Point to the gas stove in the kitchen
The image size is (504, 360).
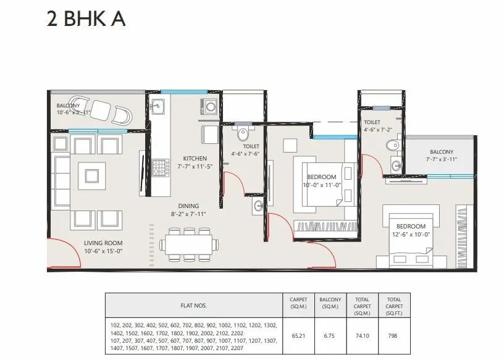pyautogui.click(x=161, y=166)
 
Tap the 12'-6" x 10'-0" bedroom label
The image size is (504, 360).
pyautogui.click(x=412, y=230)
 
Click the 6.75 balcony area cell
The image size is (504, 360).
pyautogui.click(x=330, y=337)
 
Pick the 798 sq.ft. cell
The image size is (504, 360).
pyautogui.click(x=393, y=337)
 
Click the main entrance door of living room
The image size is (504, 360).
pyautogui.click(x=60, y=253)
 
